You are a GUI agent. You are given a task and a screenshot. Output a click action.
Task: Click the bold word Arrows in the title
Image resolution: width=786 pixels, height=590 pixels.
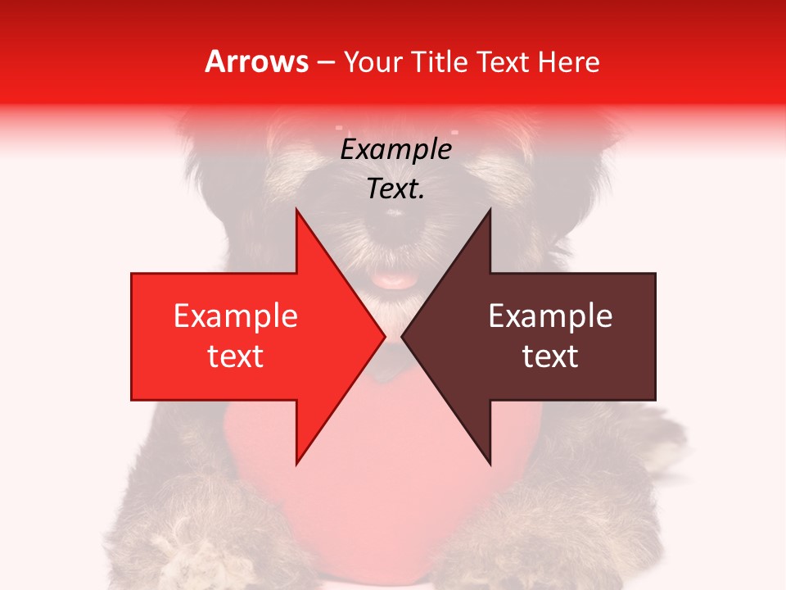[257, 61]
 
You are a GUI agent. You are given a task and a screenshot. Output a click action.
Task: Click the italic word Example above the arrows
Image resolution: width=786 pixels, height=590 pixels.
[395, 150]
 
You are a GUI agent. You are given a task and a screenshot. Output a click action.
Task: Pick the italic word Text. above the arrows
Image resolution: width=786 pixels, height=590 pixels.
[395, 189]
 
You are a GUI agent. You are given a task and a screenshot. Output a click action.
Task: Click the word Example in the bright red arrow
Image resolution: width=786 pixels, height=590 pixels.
[235, 316]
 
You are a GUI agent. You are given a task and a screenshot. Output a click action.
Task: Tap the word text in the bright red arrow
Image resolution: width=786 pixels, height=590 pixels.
[235, 356]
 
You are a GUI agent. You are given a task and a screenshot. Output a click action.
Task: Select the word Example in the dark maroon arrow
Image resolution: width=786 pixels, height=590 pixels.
[550, 316]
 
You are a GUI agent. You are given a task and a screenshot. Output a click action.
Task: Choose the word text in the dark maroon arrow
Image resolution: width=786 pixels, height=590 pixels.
[550, 356]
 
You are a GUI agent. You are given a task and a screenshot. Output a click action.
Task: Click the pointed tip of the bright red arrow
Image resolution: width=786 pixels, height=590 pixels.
[383, 336]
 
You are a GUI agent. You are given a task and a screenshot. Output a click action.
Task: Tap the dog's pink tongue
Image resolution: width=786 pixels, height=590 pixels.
[393, 281]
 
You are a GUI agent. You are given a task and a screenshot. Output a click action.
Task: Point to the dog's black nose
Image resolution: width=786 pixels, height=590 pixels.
[394, 216]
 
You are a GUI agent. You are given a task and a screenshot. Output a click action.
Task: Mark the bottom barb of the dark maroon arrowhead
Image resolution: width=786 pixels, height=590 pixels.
[490, 462]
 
